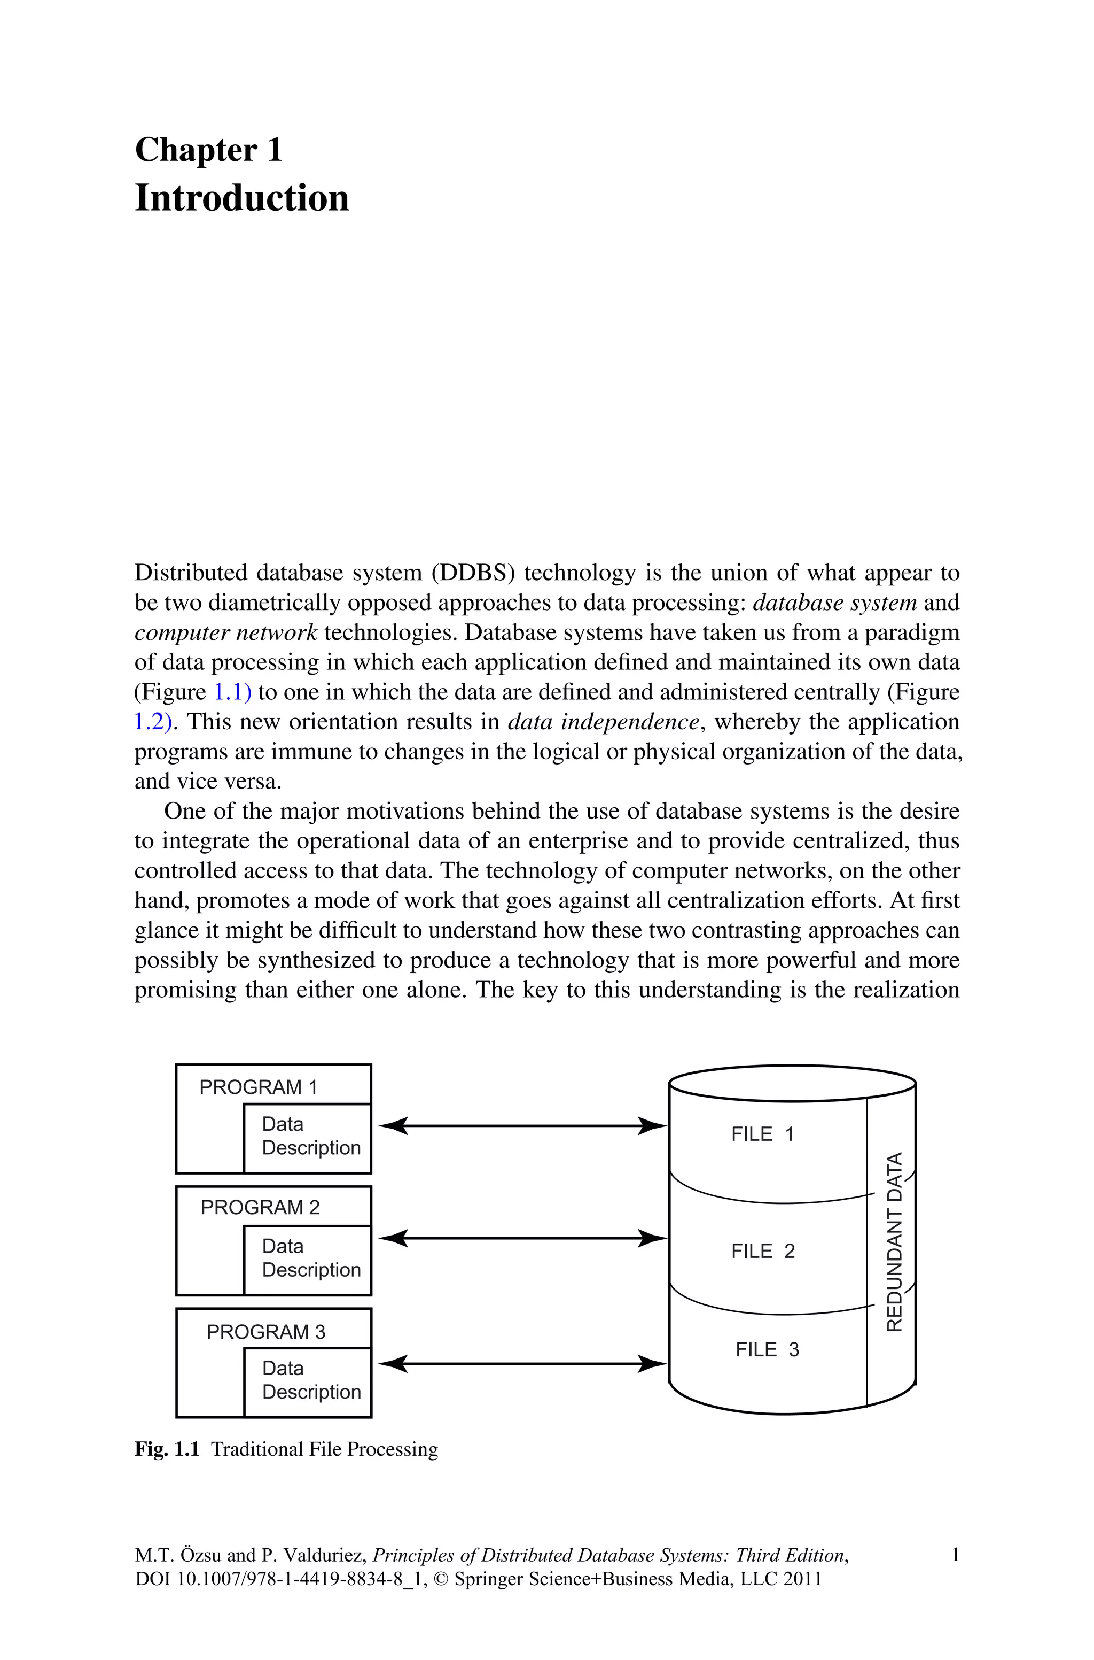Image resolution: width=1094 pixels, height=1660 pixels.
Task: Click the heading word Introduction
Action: [x=241, y=198]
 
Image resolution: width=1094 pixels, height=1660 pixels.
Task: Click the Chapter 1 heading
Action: [x=209, y=150]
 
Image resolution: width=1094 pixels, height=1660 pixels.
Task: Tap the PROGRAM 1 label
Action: [x=258, y=1087]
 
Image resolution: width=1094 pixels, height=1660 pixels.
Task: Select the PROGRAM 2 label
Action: [x=260, y=1207]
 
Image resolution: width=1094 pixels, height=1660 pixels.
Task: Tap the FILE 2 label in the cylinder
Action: [x=763, y=1251]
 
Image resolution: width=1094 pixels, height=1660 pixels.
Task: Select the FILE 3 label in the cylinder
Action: [x=767, y=1349]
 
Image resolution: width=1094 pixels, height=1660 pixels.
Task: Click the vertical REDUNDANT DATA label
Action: [x=894, y=1242]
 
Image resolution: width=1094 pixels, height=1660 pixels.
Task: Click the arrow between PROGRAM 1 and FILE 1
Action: [x=522, y=1125]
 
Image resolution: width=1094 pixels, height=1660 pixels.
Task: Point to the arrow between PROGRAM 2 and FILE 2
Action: [x=522, y=1238]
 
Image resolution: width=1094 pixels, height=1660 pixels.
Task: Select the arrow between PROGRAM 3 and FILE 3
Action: [x=522, y=1363]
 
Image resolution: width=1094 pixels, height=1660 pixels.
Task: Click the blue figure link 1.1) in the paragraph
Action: [x=232, y=692]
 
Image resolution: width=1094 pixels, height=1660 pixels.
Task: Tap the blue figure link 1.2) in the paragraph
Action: [x=153, y=722]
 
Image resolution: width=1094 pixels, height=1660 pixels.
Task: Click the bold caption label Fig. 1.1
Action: [x=167, y=1449]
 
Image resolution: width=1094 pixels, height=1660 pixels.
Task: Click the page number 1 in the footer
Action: [x=955, y=1555]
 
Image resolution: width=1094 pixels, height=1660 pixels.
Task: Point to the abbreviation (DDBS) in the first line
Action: [x=473, y=573]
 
